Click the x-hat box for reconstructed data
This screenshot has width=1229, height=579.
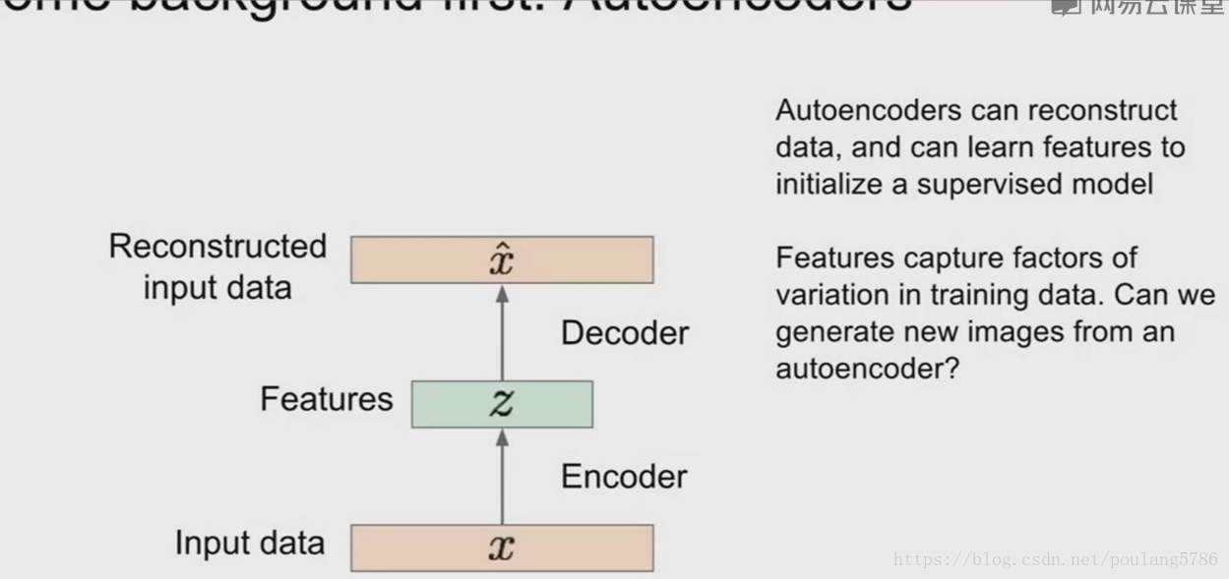[502, 260]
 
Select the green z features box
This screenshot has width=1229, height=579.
[502, 404]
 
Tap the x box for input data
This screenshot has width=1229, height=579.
[502, 548]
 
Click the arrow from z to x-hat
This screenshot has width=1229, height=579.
[502, 332]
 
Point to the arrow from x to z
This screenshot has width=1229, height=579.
[502, 476]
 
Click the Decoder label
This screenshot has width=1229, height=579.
[625, 333]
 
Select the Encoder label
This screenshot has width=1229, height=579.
[624, 477]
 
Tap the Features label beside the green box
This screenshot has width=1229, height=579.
[326, 399]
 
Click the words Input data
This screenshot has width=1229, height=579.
[249, 543]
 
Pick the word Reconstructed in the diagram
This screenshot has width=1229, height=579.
[217, 246]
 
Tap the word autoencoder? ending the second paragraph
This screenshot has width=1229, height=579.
[866, 369]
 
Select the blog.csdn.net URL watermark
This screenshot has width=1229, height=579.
[1055, 560]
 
